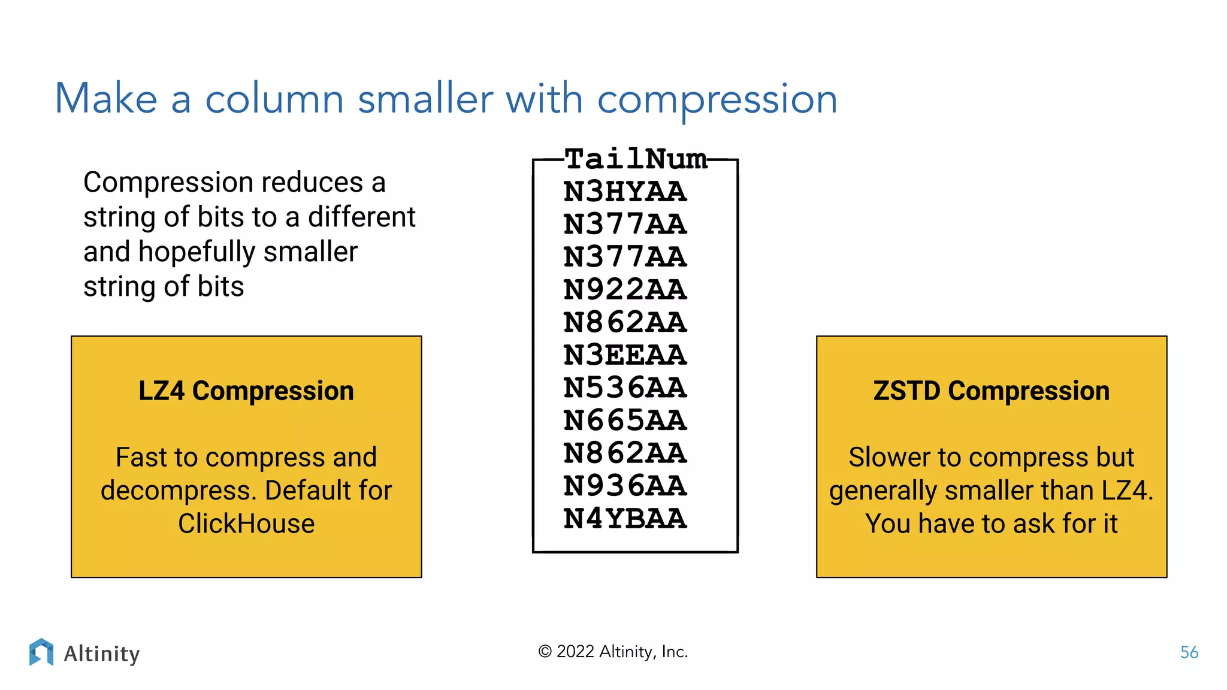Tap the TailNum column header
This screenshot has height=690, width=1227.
coord(635,159)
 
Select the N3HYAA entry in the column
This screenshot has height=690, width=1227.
coord(625,192)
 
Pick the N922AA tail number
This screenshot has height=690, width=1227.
coord(625,290)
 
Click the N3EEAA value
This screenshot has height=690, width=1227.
coord(625,355)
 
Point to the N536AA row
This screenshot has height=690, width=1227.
coord(625,388)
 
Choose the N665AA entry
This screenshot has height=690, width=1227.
coord(625,420)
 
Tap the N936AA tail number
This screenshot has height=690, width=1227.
coord(625,486)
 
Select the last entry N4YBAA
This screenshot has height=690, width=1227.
coord(625,519)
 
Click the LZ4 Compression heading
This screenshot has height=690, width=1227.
coord(246,391)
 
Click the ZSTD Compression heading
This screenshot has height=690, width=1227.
coord(992,391)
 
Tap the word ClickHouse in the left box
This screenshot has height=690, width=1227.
coord(246,523)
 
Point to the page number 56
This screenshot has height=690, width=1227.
coord(1189,652)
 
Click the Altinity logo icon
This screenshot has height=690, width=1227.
coord(41,652)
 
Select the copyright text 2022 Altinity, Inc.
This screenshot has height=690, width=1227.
coord(613,652)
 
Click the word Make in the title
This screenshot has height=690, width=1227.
coord(106,99)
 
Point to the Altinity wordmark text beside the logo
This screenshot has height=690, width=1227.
coord(102,653)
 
